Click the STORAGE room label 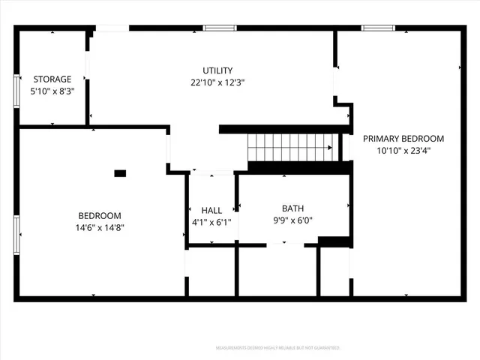pyautogui.click(x=52, y=79)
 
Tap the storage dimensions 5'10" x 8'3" pyautogui.click(x=52, y=91)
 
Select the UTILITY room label pyautogui.click(x=217, y=70)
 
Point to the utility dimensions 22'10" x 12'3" pyautogui.click(x=217, y=82)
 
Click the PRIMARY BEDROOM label pyautogui.click(x=403, y=139)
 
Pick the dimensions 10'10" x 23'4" pyautogui.click(x=403, y=151)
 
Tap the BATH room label pyautogui.click(x=292, y=208)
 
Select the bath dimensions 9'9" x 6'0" pyautogui.click(x=292, y=220)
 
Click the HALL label pyautogui.click(x=211, y=210)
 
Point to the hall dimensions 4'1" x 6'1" pyautogui.click(x=211, y=222)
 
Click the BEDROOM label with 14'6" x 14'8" pyautogui.click(x=100, y=214)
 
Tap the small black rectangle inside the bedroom pyautogui.click(x=120, y=173)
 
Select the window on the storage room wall pyautogui.click(x=16, y=91)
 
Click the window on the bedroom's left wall pyautogui.click(x=16, y=234)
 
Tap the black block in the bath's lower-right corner pyautogui.click(x=334, y=241)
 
